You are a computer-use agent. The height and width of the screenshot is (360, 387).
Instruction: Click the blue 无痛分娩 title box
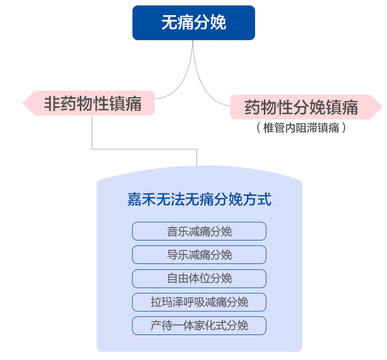click(x=194, y=23)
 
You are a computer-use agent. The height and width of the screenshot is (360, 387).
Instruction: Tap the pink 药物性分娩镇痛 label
click(x=301, y=107)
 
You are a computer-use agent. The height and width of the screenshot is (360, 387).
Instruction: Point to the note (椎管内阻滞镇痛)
click(x=301, y=128)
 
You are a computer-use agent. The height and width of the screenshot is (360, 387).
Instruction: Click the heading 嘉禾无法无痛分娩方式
click(x=199, y=199)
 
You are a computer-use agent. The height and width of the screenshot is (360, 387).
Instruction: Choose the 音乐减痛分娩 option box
click(x=199, y=231)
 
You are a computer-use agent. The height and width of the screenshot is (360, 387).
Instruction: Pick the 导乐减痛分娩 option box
click(x=199, y=255)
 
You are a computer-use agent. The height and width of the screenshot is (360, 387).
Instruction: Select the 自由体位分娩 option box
click(x=199, y=279)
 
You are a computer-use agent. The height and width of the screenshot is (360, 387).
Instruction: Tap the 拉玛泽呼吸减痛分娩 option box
click(x=199, y=302)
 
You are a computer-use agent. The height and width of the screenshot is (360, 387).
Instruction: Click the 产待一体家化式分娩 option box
click(x=199, y=326)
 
